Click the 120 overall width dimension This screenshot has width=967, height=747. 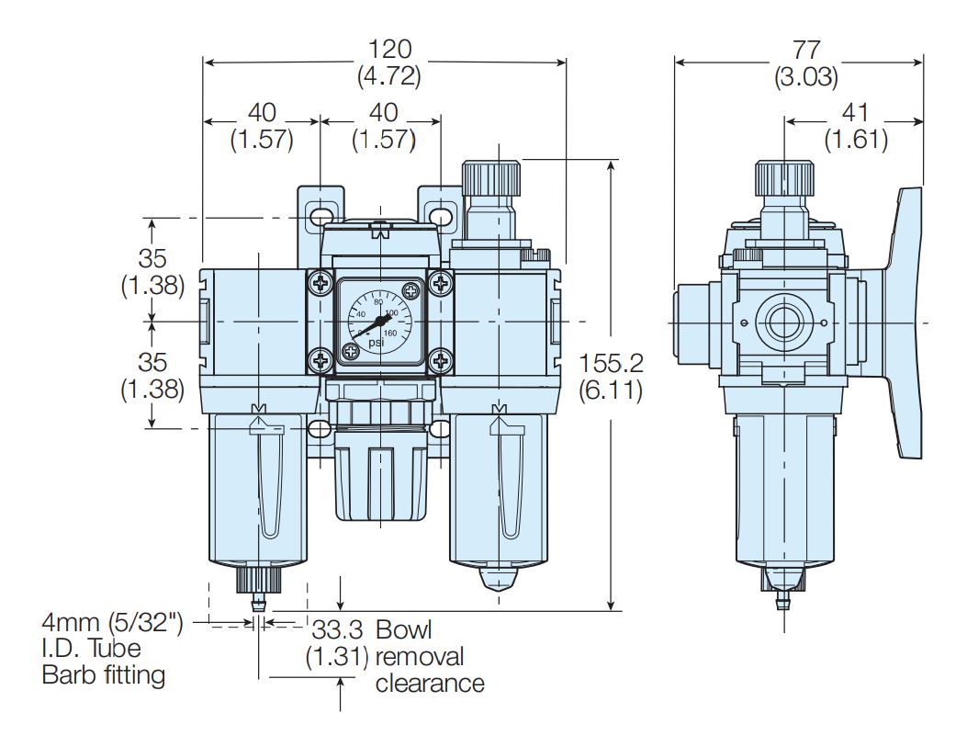388,49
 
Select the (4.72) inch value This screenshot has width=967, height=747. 388,77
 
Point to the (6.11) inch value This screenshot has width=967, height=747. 611,390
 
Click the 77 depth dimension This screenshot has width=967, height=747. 804,49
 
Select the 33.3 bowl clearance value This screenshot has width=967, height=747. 338,630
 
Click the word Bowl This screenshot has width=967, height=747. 404,630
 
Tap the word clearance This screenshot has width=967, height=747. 430,684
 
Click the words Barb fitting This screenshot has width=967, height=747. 104,675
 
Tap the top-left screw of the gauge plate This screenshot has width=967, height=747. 320,284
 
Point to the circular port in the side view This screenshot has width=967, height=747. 783,323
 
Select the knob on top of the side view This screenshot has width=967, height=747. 783,176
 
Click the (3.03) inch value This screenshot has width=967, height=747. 804,77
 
